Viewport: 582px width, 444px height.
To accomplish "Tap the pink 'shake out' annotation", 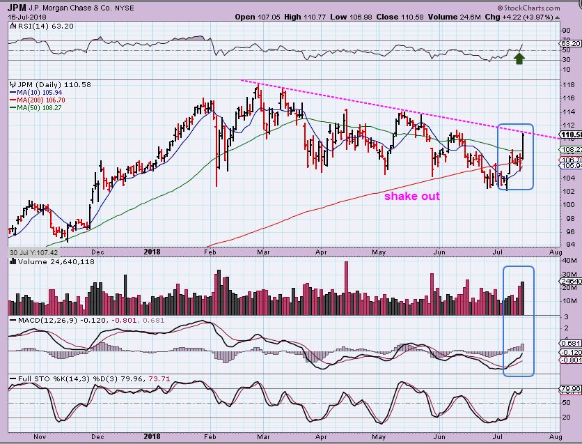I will (412, 197).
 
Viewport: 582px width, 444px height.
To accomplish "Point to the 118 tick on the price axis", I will (567, 83).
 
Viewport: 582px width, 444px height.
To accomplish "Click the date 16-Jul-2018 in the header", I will (25, 16).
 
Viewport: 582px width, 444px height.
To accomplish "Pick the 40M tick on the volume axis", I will (568, 260).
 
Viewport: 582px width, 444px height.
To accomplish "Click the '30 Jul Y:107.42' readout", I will (33, 252).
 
